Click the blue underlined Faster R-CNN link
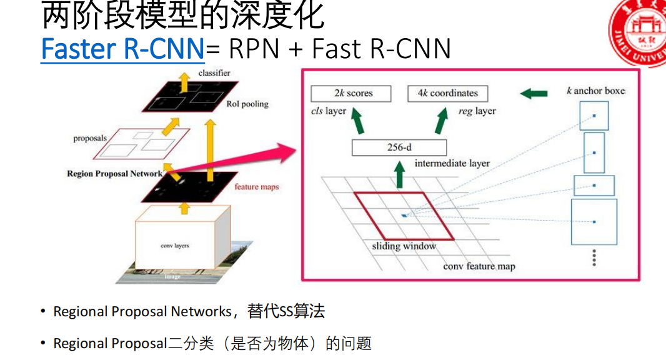point(122,49)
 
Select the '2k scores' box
point(350,94)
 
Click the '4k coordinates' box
point(447,94)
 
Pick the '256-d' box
point(399,148)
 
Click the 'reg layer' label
point(477,111)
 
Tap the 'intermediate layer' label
point(452,164)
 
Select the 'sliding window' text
point(404,246)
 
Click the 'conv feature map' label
point(479,266)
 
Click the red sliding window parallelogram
point(404,216)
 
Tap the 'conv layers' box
point(174,246)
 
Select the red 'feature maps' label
point(256,187)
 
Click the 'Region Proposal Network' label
point(114,174)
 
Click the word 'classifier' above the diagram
point(214,73)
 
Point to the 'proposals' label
point(89,138)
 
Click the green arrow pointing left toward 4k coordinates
point(534,94)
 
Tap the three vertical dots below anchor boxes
point(594,257)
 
